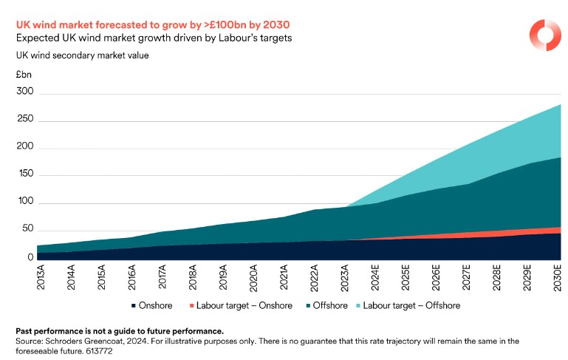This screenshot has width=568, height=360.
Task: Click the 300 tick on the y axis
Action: point(24,92)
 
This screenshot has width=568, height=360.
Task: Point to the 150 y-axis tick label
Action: point(24,174)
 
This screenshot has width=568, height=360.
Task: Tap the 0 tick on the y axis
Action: point(30,257)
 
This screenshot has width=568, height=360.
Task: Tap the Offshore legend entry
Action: point(330,305)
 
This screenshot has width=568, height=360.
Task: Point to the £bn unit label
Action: point(24,75)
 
